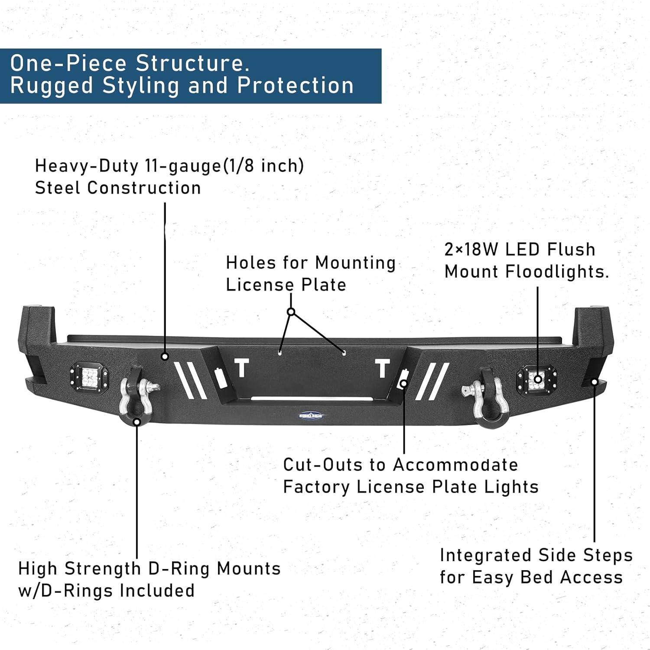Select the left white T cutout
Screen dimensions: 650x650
[242, 368]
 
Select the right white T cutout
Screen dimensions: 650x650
[382, 368]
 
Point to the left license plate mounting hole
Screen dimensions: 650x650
[280, 353]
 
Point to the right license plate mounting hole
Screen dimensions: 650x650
[344, 353]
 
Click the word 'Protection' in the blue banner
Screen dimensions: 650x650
[296, 85]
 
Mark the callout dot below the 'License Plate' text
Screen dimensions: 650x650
[291, 312]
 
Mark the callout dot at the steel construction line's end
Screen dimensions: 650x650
[165, 357]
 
